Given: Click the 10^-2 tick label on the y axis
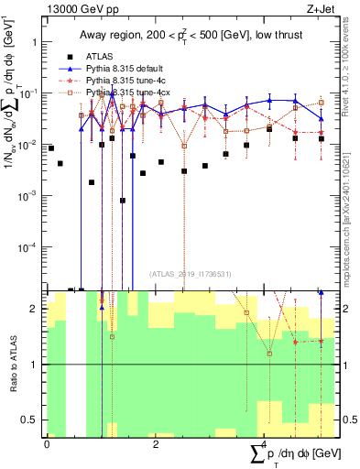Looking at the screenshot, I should pyautogui.click(x=27, y=145).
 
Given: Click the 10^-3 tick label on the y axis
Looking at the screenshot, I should pyautogui.click(x=27, y=196).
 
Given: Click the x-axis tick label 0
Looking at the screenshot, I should pyautogui.click(x=47, y=443).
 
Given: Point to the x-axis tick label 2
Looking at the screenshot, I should pyautogui.click(x=155, y=443).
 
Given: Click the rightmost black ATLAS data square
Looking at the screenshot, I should pyautogui.click(x=321, y=138).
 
